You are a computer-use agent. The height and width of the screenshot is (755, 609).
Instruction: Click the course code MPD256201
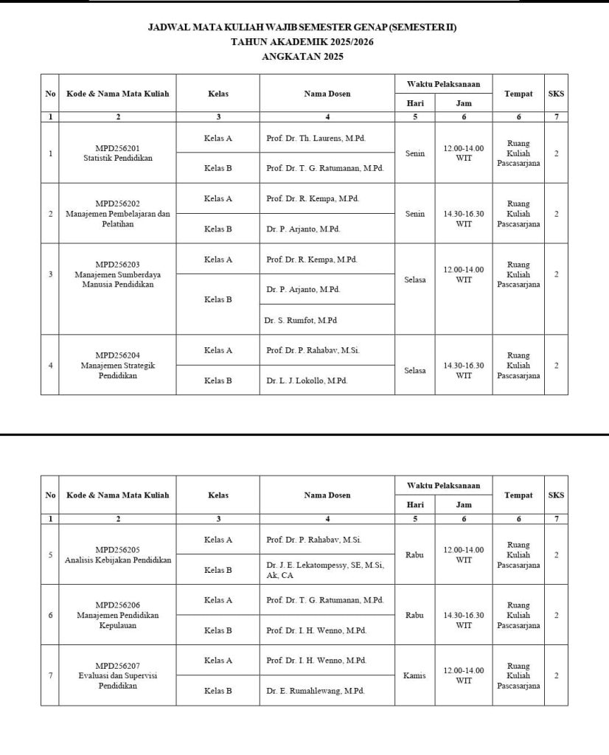(x=117, y=148)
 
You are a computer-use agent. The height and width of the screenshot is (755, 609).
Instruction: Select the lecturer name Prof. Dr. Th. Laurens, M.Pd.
(x=316, y=138)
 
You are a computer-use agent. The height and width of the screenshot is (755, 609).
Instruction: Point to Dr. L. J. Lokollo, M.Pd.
(x=306, y=380)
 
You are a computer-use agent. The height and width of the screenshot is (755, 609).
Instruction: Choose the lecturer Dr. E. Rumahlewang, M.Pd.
(x=315, y=691)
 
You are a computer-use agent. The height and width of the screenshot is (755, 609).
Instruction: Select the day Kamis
(x=414, y=675)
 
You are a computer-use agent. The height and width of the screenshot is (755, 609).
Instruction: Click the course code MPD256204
(x=117, y=355)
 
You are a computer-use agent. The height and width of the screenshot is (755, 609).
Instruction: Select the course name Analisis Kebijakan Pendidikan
(x=117, y=560)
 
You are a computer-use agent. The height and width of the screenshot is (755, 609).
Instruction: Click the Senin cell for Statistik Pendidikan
(x=414, y=153)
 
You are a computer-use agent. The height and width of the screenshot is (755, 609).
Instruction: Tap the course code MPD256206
(x=117, y=605)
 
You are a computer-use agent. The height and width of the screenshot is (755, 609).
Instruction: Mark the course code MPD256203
(x=117, y=264)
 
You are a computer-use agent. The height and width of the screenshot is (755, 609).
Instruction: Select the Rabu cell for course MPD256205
(x=414, y=554)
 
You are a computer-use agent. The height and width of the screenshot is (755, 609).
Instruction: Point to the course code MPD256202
(x=117, y=203)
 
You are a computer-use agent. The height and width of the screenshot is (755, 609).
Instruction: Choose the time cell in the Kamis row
(x=463, y=675)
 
